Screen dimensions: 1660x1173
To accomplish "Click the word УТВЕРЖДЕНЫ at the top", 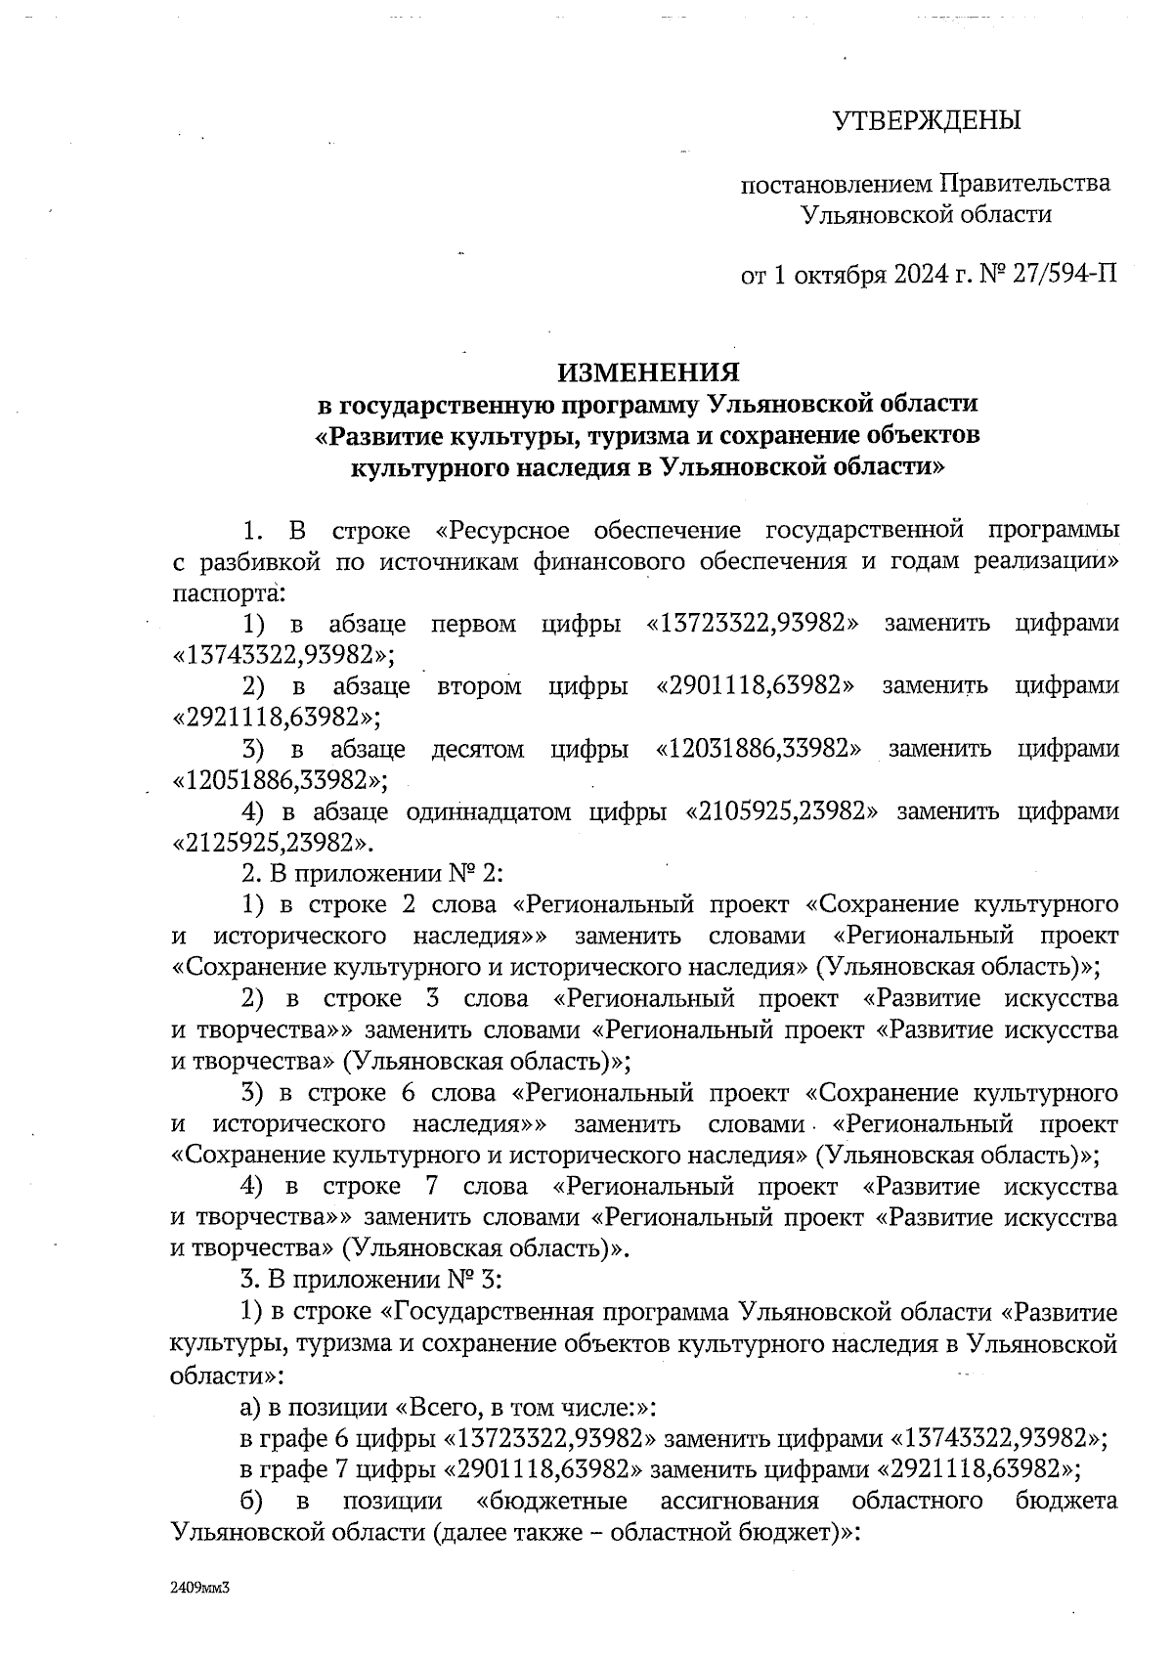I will pyautogui.click(x=926, y=121).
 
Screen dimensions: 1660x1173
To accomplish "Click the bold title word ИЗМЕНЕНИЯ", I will pyautogui.click(x=647, y=372).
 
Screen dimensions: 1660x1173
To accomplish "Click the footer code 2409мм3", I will pyautogui.click(x=199, y=1589).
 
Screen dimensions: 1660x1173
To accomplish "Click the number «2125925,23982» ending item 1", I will pyautogui.click(x=274, y=843).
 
